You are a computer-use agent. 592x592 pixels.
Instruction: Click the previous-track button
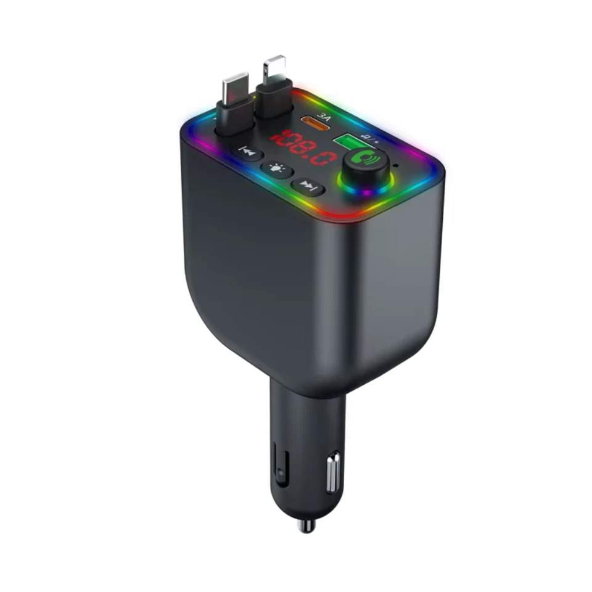tap(247, 152)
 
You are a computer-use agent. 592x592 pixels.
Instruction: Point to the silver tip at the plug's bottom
tap(304, 526)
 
